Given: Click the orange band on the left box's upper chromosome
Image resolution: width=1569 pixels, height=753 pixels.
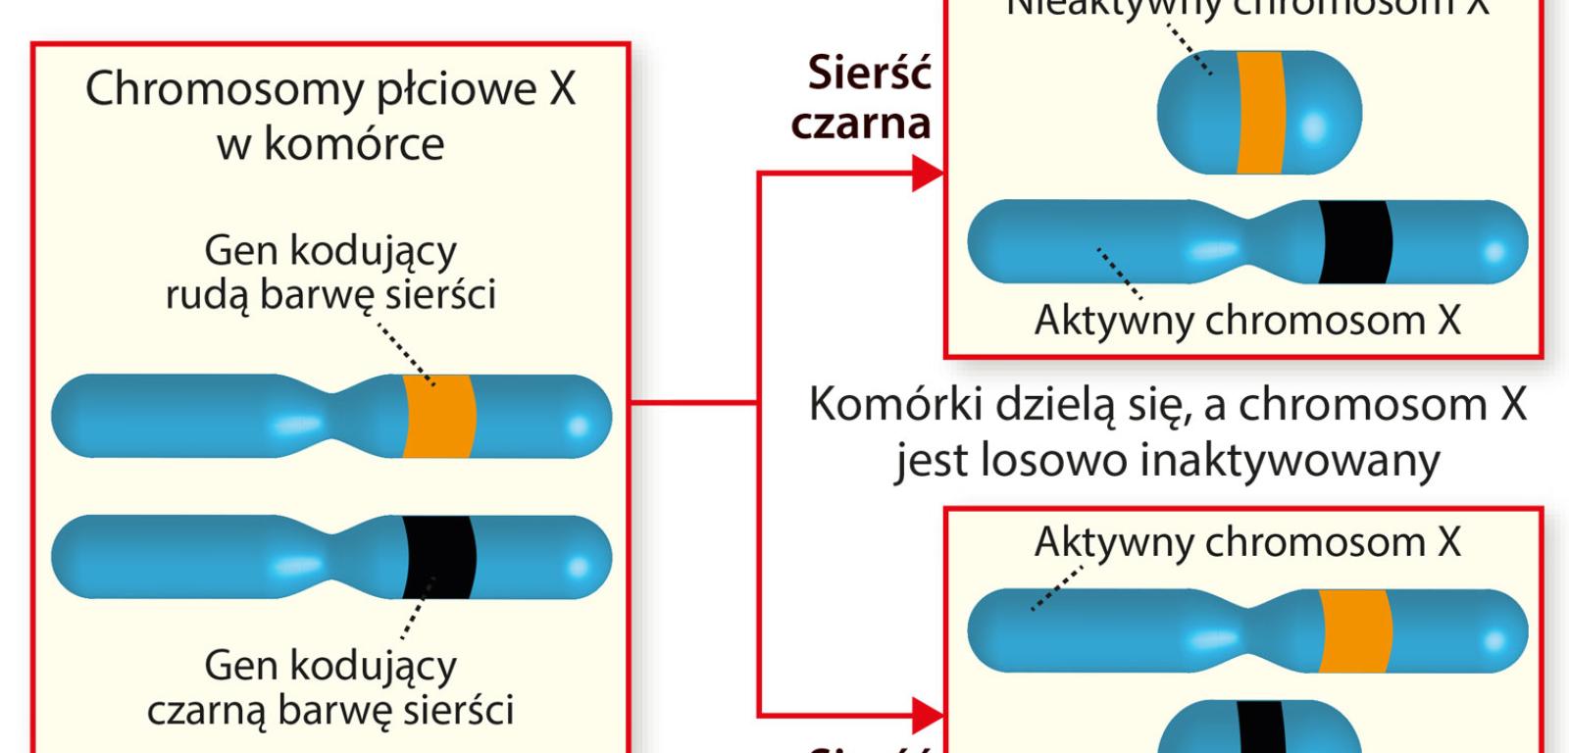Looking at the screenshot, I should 438,416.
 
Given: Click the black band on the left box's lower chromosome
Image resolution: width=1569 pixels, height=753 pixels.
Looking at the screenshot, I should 438,557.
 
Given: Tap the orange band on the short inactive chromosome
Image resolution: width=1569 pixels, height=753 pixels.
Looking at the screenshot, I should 1259,113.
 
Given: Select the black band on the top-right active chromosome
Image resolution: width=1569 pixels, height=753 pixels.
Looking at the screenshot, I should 1355,242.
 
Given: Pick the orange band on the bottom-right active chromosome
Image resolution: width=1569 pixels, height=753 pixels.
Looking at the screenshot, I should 1355,630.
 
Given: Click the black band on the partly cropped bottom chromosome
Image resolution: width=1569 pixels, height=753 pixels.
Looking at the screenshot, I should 1261,730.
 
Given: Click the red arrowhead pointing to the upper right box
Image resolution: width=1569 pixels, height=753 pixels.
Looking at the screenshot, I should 926,175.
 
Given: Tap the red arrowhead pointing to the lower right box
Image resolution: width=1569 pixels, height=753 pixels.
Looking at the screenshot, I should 926,714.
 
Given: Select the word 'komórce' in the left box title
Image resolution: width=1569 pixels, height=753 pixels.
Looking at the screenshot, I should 355,145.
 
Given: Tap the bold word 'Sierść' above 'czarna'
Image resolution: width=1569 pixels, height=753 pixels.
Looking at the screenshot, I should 869,74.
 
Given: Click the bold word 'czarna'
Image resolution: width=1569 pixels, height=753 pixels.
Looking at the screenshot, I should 861,124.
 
